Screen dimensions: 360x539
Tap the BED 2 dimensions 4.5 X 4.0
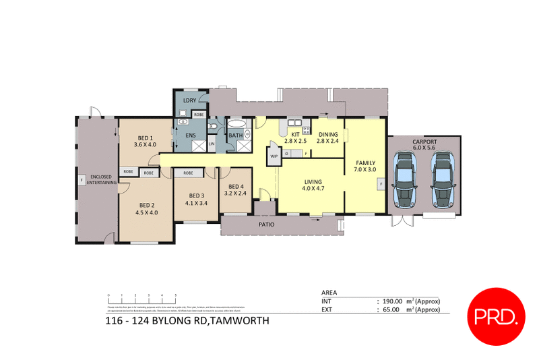tap(147, 212)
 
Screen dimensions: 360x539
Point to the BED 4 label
tap(235, 187)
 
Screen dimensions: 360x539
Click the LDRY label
tap(190, 101)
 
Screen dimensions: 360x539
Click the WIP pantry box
tap(274, 156)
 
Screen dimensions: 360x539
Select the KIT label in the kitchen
tap(294, 134)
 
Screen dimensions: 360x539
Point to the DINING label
tap(328, 134)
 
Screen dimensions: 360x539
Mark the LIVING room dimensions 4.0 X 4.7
tap(312, 190)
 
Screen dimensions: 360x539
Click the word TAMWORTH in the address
tap(241, 322)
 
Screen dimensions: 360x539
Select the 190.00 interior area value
tap(393, 301)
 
